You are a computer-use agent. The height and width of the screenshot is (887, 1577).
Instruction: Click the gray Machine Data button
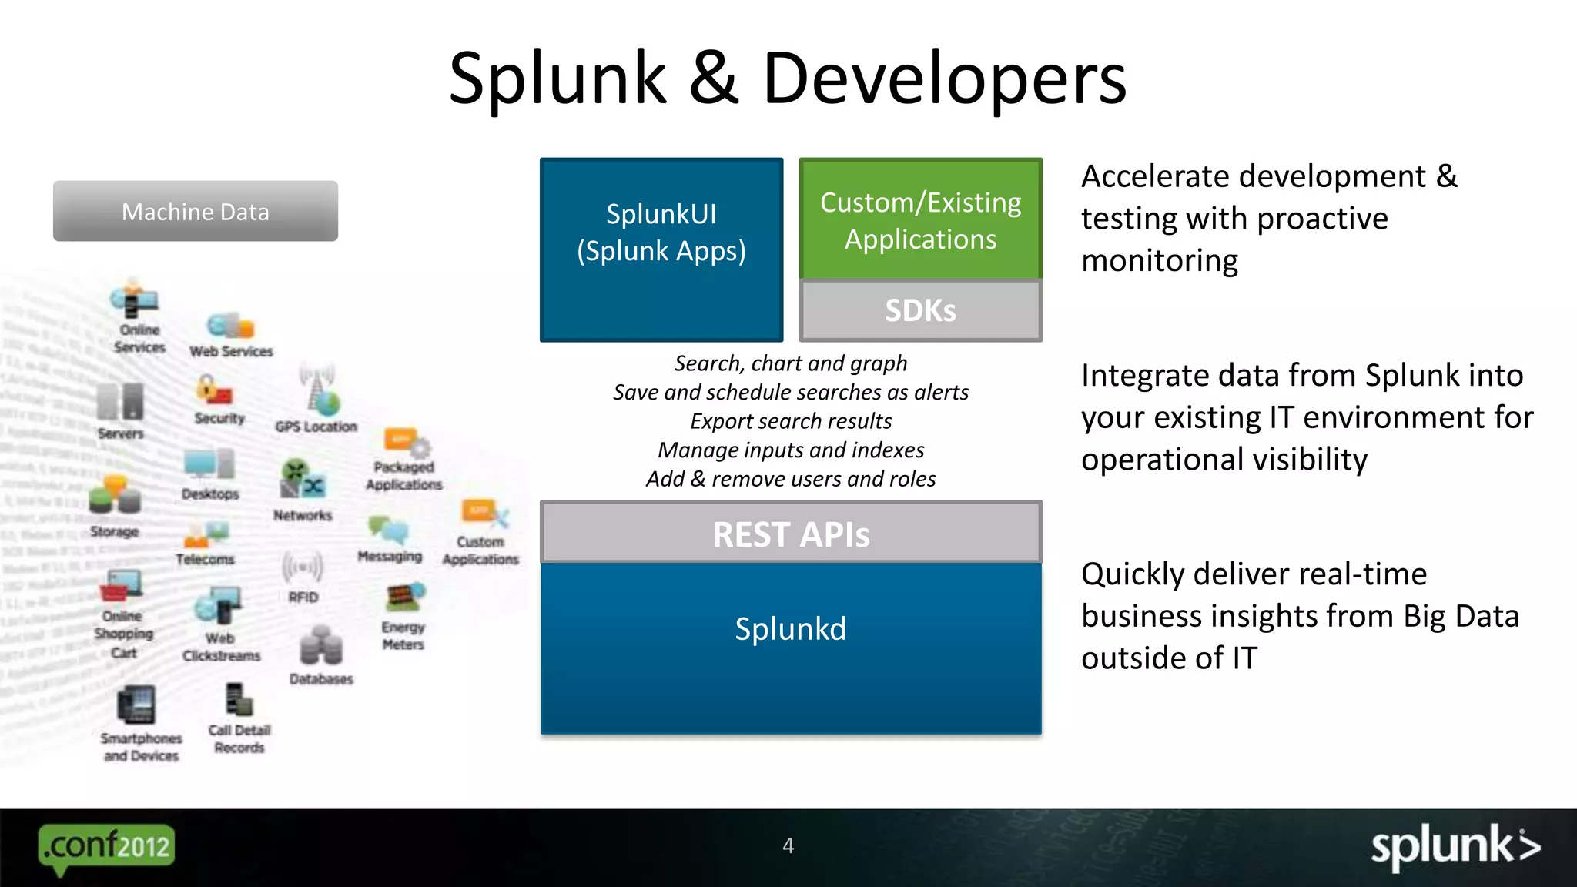(x=195, y=211)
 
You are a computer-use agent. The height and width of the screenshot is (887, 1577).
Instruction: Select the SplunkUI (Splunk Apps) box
(x=661, y=249)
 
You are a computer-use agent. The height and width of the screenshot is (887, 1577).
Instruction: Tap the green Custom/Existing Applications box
(x=920, y=219)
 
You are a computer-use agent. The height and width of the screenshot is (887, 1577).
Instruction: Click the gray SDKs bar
(x=920, y=310)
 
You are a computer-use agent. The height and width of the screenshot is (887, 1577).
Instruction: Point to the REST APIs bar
(x=791, y=534)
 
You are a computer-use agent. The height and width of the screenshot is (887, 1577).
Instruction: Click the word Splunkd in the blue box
(x=791, y=629)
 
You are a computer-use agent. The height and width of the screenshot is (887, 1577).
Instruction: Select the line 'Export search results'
(x=791, y=421)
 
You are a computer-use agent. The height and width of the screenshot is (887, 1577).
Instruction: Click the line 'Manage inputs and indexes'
(x=791, y=450)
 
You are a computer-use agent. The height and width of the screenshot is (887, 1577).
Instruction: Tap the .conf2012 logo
(x=106, y=847)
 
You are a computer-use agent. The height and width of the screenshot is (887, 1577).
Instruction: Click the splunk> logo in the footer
(x=1455, y=847)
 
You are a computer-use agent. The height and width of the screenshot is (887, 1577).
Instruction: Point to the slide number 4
(x=788, y=845)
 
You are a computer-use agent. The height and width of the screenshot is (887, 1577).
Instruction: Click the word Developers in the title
(x=944, y=79)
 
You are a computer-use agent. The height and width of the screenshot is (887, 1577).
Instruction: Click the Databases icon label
(x=321, y=679)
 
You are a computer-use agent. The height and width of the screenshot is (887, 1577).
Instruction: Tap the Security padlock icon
(x=213, y=390)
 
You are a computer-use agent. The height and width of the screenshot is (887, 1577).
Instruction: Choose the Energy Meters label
(x=403, y=636)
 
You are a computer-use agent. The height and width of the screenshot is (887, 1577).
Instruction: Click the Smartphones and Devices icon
(x=136, y=705)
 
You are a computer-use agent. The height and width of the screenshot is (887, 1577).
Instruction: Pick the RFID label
(x=303, y=597)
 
